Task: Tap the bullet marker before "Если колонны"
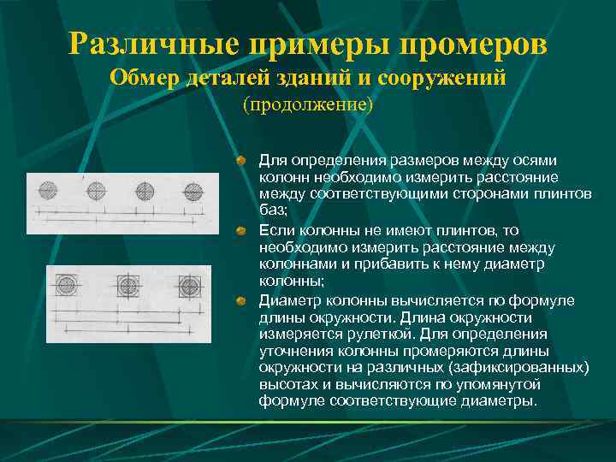[242, 232]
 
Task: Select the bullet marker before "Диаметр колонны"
[242, 300]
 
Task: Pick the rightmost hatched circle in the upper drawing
[193, 189]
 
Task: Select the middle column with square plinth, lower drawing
[128, 283]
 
